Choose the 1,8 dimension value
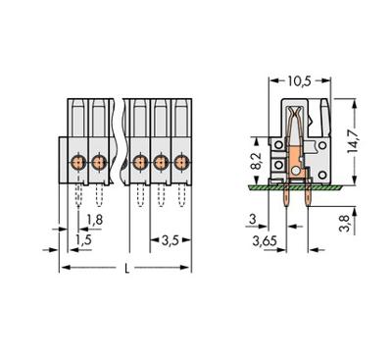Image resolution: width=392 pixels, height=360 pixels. pyautogui.click(x=93, y=218)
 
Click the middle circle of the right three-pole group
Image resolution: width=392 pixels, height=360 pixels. pyautogui.click(x=160, y=160)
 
